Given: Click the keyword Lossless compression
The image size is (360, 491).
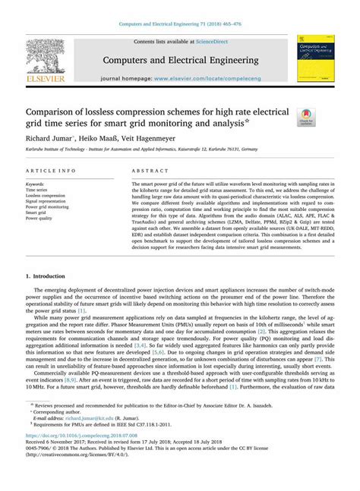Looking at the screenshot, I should tap(47, 195).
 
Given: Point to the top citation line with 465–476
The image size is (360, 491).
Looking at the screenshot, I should tap(179, 24).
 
